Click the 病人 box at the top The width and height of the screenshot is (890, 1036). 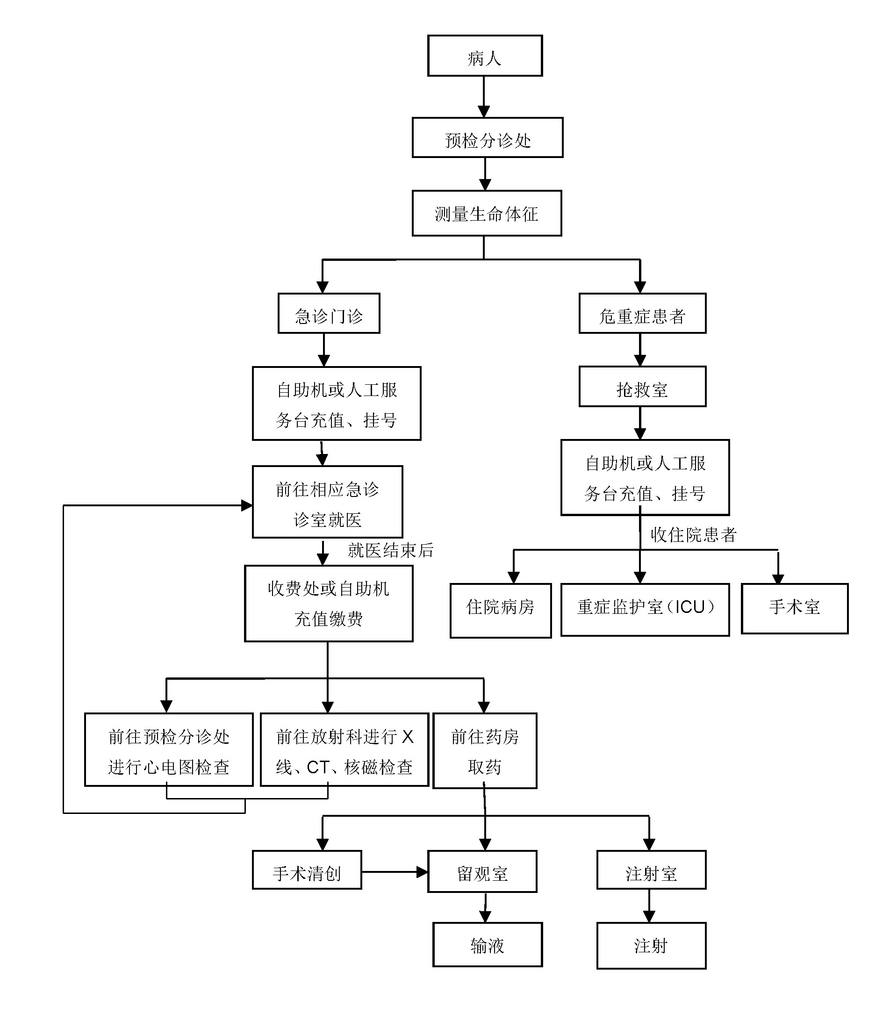485,56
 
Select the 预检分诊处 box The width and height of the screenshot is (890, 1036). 487,138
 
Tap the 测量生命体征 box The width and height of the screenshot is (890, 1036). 487,214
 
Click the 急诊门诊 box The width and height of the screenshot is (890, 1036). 329,314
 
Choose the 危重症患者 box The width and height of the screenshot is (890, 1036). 642,314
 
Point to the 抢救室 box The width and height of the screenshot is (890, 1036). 642,387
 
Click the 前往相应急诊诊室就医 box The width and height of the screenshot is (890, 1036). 327,502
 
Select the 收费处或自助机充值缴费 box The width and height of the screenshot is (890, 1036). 329,604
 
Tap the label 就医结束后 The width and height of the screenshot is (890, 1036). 390,551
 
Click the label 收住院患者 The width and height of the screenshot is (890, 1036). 694,535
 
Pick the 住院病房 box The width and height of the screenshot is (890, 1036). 500,610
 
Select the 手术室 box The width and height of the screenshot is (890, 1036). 795,608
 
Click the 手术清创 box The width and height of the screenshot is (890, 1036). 307,872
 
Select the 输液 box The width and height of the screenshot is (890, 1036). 487,944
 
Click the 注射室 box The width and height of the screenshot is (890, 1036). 651,872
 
